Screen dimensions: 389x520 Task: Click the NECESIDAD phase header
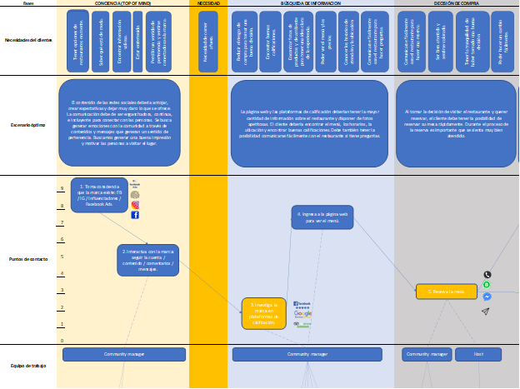point(208,4)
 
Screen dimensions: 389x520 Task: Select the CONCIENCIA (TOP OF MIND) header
point(122,4)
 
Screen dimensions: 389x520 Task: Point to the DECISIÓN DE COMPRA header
point(456,4)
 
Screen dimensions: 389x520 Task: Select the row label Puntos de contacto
point(27,260)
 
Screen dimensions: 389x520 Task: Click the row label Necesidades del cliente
point(27,40)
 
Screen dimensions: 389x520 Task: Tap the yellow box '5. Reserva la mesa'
point(440,292)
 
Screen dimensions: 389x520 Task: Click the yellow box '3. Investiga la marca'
point(264,313)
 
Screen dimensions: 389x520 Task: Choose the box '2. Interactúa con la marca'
point(147,260)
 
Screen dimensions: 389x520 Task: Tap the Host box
point(477,355)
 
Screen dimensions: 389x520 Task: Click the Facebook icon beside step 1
point(135,215)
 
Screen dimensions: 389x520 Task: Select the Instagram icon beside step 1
point(135,205)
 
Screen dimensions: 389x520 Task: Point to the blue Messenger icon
point(487,297)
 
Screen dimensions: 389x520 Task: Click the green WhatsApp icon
point(487,285)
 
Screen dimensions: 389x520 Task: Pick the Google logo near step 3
point(302,313)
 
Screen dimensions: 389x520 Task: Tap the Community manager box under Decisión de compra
point(427,355)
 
